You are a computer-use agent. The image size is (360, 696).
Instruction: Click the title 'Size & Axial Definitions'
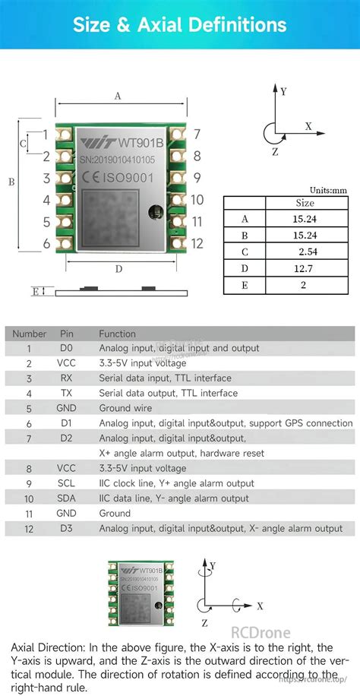tap(179, 24)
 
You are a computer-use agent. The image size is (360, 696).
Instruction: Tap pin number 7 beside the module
tap(197, 134)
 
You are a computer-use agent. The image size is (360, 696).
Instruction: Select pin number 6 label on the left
tap(46, 244)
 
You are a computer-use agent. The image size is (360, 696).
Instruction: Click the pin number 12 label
tap(197, 244)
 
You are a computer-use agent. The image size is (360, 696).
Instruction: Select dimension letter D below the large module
tap(118, 268)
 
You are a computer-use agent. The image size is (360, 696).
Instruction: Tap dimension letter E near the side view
tap(35, 291)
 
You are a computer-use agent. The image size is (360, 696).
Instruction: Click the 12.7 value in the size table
tap(306, 268)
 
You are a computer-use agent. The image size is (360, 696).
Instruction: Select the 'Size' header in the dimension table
tap(305, 203)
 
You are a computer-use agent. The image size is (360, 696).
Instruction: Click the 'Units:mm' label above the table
tap(328, 190)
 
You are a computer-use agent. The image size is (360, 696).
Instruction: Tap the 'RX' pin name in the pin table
tap(66, 378)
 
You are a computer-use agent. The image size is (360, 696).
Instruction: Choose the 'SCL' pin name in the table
tap(66, 483)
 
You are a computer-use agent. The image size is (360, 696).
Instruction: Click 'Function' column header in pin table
tap(117, 334)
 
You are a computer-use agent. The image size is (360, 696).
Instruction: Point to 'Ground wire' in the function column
tap(126, 408)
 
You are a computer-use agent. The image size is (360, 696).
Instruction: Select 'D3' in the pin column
tap(66, 528)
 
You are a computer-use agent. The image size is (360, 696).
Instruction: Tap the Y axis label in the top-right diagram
tap(283, 90)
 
